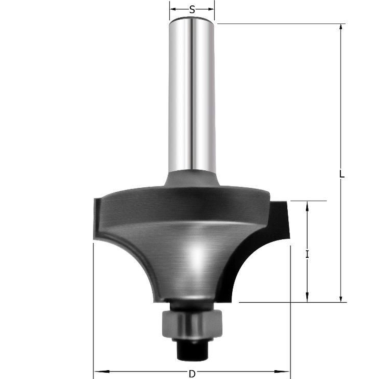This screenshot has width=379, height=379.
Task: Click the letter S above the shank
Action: click(x=192, y=10)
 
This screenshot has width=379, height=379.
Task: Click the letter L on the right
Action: click(x=342, y=174)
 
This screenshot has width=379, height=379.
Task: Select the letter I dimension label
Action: click(x=307, y=254)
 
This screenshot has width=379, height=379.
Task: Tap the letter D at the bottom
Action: click(x=192, y=374)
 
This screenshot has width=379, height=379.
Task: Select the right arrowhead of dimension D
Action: click(x=285, y=371)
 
